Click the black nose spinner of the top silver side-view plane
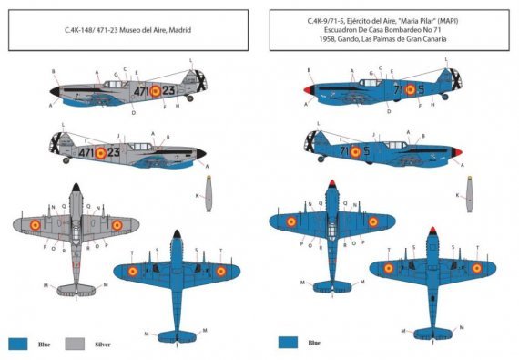click(53, 90)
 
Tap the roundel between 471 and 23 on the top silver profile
click(154, 89)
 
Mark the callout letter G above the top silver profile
click(116, 73)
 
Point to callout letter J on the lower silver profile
click(118, 136)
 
